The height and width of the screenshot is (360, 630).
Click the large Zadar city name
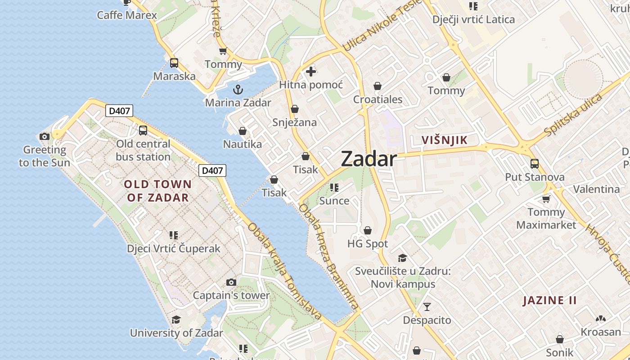pos(369,159)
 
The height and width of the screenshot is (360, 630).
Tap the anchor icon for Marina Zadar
pos(238,89)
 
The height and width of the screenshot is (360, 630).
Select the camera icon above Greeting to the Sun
pos(45,136)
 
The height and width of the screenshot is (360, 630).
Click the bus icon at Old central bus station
pos(143,130)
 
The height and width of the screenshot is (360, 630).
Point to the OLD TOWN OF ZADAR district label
pos(157,191)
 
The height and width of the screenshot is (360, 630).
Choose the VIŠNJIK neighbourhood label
pos(444,140)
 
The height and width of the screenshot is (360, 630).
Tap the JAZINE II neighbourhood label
pos(549,301)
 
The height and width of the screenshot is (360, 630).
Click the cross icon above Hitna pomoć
pos(311,72)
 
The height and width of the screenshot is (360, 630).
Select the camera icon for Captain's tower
pos(231,282)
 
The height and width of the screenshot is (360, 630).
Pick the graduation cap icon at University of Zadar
pos(176,319)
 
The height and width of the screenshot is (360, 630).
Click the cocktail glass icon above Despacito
pos(427,307)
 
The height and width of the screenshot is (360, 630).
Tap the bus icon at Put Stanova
pos(535,164)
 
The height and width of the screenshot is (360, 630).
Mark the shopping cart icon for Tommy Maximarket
pos(546,198)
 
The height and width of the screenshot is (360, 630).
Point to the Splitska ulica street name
pos(573,115)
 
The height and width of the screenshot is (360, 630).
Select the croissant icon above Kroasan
pos(600,319)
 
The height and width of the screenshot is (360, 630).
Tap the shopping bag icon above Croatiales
pos(378,86)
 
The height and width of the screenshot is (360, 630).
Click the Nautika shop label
pos(243,144)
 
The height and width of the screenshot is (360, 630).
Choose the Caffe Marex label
pos(127,15)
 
